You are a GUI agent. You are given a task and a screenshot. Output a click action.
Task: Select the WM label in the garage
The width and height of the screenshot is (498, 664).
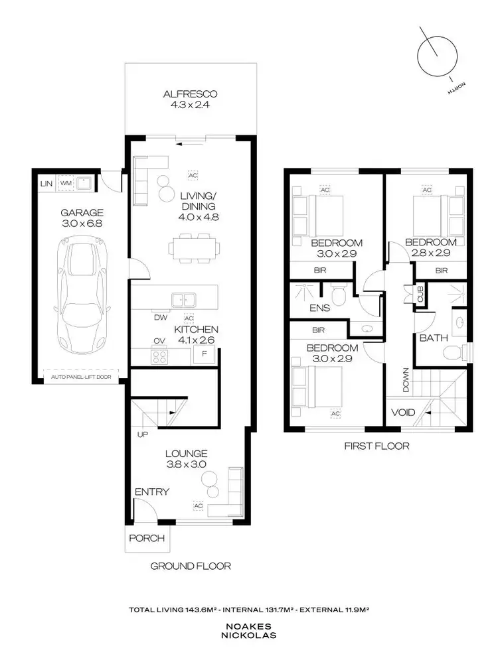[66, 183]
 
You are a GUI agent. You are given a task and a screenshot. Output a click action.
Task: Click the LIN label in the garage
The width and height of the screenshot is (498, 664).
[46, 183]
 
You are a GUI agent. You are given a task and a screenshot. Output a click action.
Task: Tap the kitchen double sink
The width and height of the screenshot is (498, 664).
[181, 300]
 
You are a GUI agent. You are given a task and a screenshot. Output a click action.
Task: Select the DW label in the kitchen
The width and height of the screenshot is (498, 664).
[160, 318]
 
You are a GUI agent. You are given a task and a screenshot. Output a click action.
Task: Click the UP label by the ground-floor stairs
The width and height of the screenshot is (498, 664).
[143, 434]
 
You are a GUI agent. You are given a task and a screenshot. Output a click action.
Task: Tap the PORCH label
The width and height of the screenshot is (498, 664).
[147, 538]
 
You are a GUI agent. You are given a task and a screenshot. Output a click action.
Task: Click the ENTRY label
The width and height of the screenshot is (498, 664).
[151, 492]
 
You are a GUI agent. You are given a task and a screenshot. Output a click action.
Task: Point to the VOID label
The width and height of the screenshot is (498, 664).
[402, 413]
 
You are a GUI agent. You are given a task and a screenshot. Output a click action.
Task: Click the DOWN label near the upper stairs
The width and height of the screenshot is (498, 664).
[404, 379]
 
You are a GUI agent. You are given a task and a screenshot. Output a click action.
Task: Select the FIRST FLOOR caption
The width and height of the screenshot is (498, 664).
[376, 446]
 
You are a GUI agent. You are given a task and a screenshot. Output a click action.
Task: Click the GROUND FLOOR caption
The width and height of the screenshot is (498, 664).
[191, 566]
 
